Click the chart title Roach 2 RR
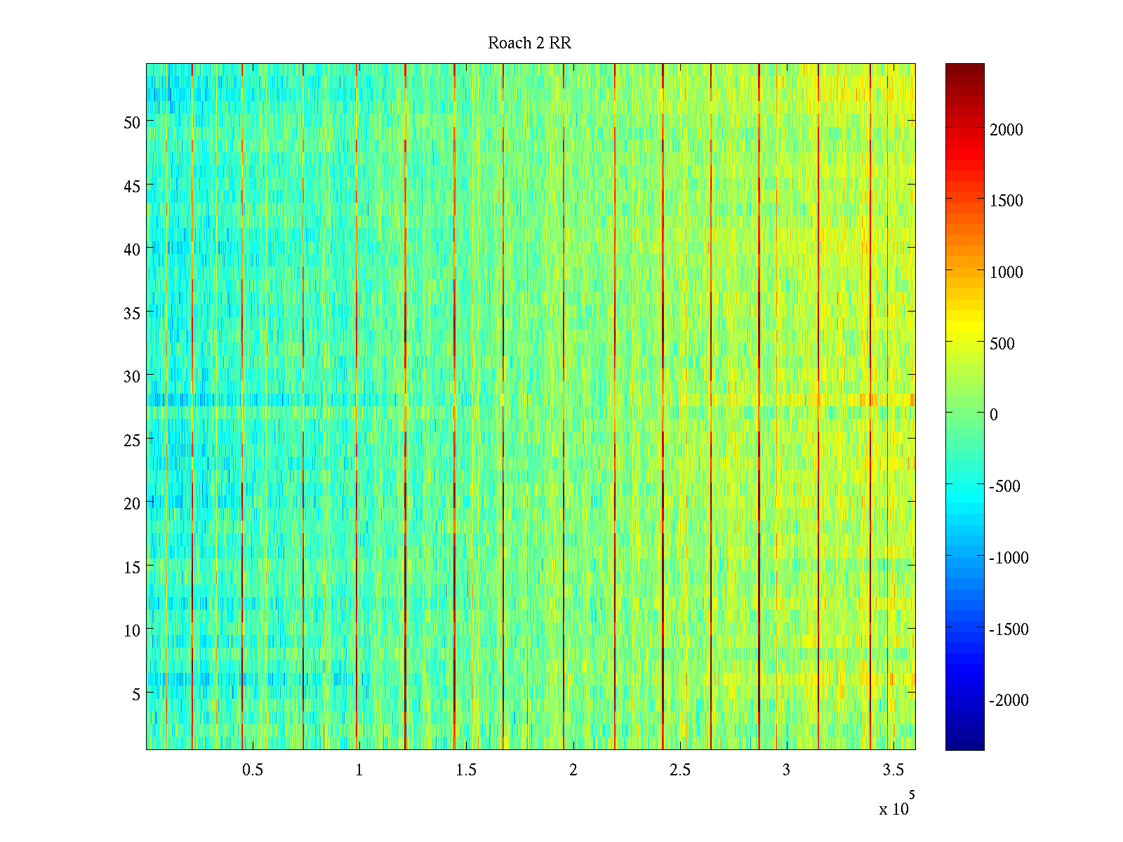(529, 44)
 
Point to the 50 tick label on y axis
(132, 122)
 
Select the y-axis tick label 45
(132, 186)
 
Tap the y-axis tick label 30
(132, 376)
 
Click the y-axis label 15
(132, 567)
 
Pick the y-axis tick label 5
(136, 694)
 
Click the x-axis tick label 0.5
(253, 770)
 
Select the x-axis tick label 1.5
(466, 770)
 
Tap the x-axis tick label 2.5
(679, 770)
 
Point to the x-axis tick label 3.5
(893, 770)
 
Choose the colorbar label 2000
(1006, 130)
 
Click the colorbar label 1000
(1006, 272)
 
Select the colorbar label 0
(994, 415)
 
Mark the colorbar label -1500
(1009, 629)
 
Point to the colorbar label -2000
(1009, 700)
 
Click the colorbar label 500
(1002, 344)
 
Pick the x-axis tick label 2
(573, 770)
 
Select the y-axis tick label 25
(132, 440)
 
